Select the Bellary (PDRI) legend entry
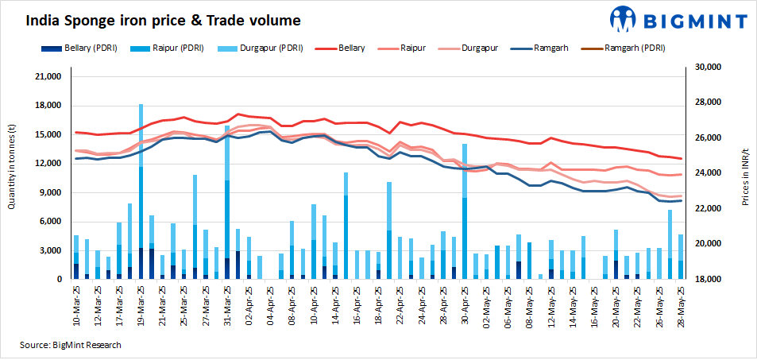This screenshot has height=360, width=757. click(x=79, y=48)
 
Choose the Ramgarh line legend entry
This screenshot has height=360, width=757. click(x=543, y=48)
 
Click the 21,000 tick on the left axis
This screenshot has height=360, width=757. click(x=49, y=77)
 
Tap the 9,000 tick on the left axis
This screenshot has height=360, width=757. click(x=52, y=193)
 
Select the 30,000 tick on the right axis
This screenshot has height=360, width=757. click(x=708, y=68)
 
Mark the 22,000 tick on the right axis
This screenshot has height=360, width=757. click(x=708, y=208)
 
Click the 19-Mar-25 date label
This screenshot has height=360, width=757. click(x=141, y=301)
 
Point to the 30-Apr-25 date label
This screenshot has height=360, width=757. click(x=465, y=301)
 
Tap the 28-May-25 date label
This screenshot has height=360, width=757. click(x=681, y=301)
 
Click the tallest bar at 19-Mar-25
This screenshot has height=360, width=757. click(x=141, y=191)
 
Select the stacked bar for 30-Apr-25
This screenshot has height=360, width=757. click(x=465, y=211)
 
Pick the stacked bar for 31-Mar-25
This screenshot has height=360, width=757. click(x=227, y=203)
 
